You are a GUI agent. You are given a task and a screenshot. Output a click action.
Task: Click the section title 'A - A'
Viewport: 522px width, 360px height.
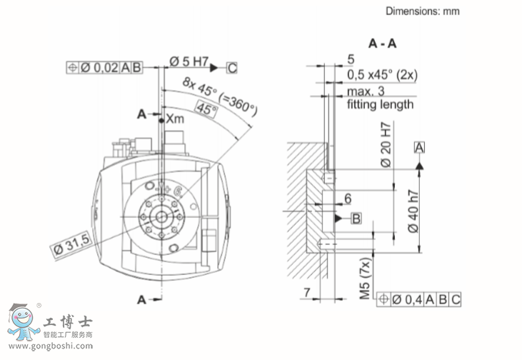tap(383, 44)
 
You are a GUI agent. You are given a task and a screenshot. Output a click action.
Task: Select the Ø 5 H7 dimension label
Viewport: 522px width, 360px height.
tap(189, 62)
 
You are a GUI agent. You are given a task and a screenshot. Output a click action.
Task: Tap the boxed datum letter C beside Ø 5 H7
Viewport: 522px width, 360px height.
tap(232, 69)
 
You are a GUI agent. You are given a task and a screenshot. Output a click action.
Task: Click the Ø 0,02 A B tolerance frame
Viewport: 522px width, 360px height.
tap(104, 68)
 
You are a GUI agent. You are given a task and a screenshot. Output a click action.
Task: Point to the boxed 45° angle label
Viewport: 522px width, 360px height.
tap(206, 110)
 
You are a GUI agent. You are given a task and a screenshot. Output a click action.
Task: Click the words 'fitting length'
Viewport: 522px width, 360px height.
tap(380, 104)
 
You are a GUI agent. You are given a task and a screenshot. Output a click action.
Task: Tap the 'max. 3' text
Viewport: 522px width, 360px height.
tap(366, 92)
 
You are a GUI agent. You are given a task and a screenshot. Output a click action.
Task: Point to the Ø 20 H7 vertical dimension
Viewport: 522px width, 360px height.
tap(386, 146)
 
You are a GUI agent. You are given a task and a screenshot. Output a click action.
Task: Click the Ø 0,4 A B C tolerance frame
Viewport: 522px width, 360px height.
tap(422, 299)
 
